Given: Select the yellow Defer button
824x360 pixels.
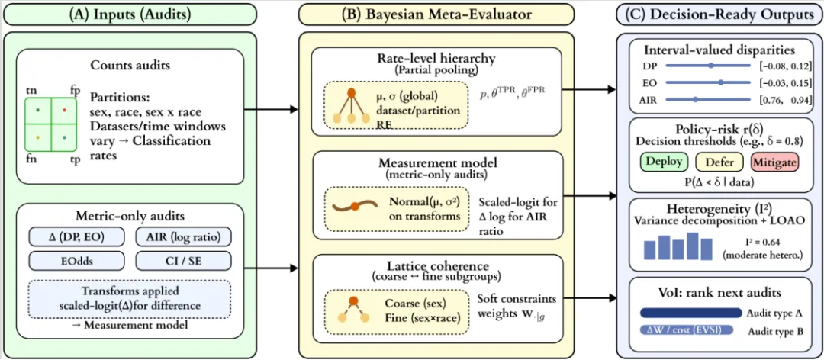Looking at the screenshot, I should click(720, 162).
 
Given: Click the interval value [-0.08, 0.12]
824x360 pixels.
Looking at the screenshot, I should click(784, 66).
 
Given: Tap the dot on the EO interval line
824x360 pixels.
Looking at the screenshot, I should click(720, 82).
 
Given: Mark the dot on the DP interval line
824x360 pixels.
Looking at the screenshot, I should click(711, 66).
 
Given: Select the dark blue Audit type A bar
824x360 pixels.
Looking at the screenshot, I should click(690, 312).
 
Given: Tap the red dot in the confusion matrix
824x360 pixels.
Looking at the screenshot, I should click(63, 111).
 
